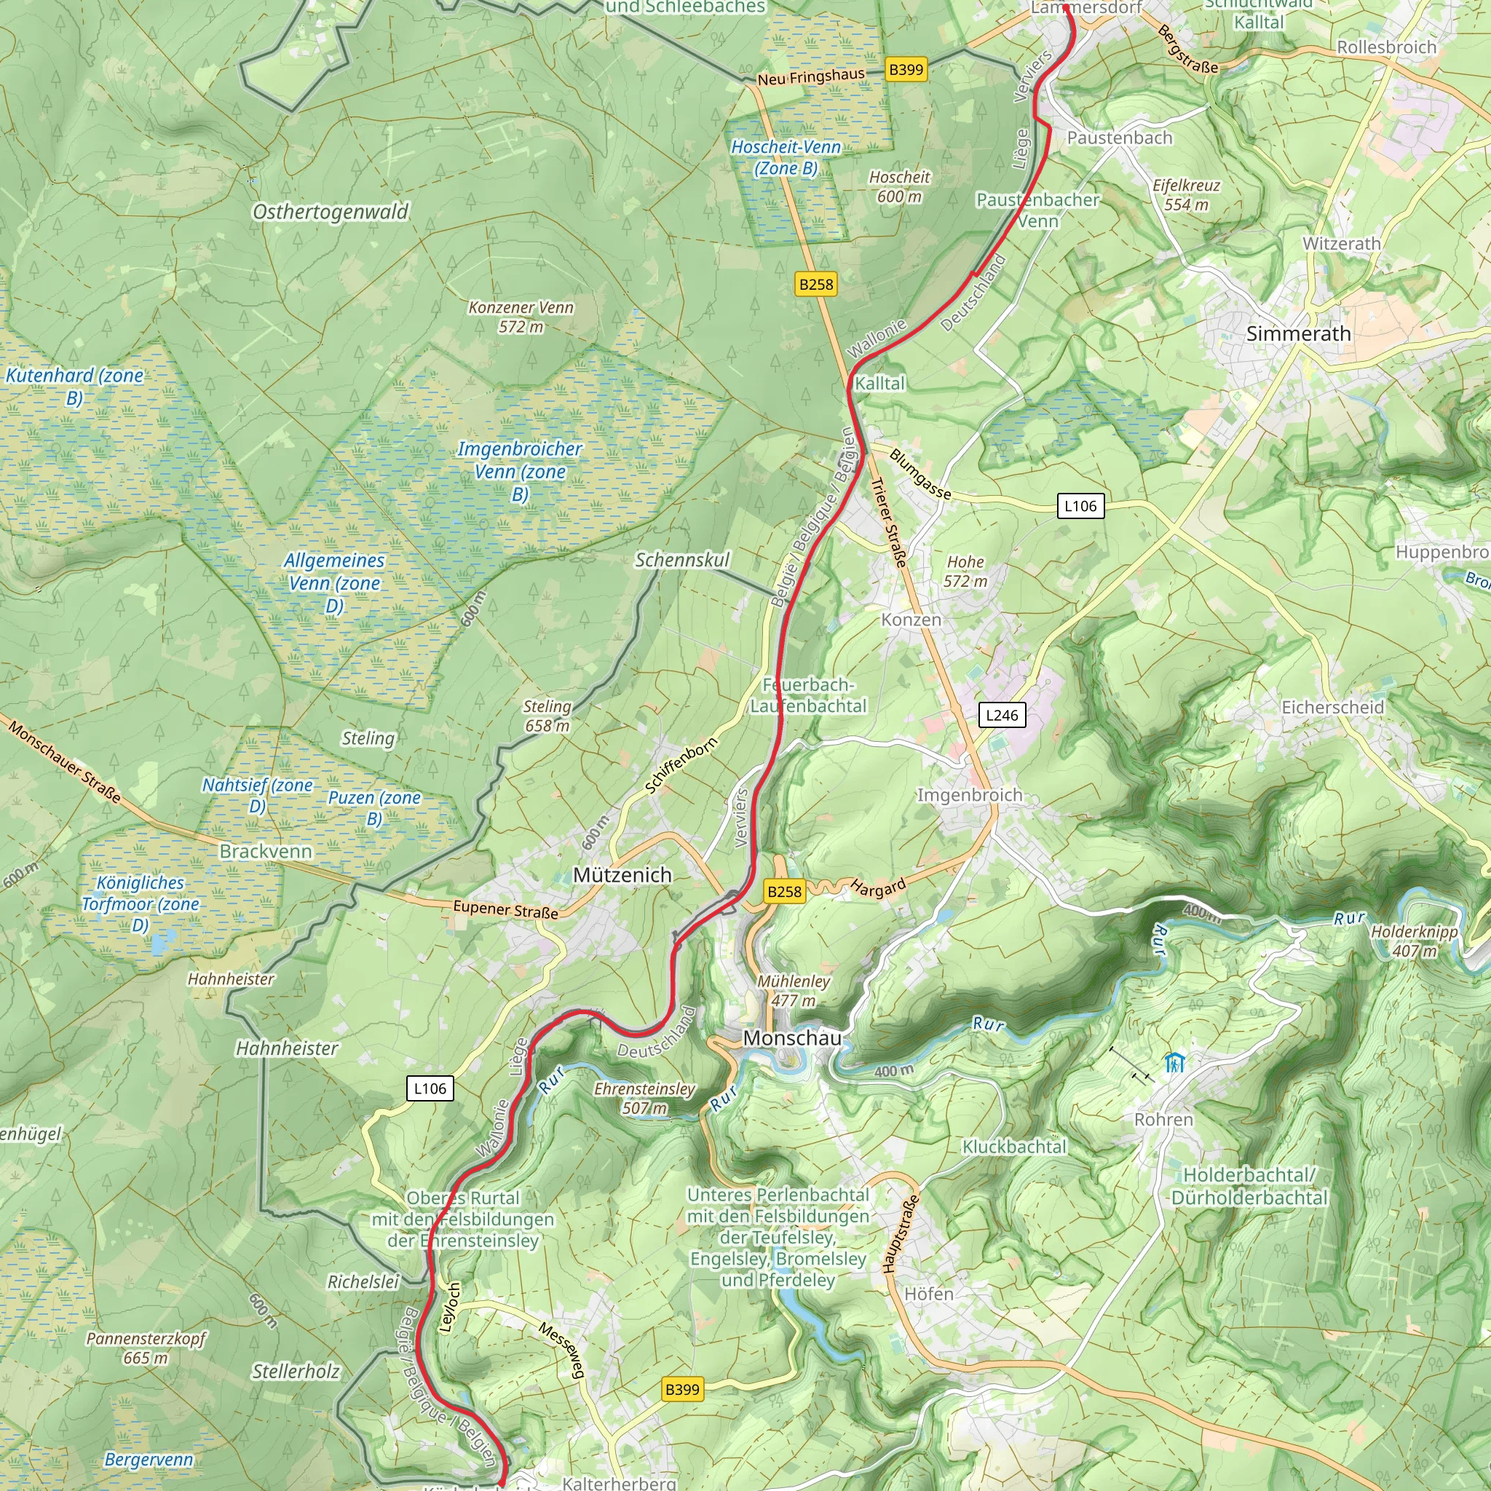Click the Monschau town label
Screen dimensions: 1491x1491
[x=792, y=1038]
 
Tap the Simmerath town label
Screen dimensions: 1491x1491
[x=1298, y=333]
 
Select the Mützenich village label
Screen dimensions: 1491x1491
[x=622, y=874]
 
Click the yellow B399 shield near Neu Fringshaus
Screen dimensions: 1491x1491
[x=905, y=69]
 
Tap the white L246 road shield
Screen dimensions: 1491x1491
[x=1002, y=715]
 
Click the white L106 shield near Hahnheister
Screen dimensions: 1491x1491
[x=430, y=1088]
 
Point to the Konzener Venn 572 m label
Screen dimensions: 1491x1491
[x=521, y=317]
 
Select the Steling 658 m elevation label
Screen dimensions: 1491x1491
[x=547, y=716]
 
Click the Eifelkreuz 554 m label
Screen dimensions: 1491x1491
[x=1186, y=194]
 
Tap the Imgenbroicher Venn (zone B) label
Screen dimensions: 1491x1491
[x=519, y=471]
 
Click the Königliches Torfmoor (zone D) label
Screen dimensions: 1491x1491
[x=141, y=903]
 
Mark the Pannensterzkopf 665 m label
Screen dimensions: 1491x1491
[x=145, y=1348]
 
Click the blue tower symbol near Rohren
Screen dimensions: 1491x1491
[x=1174, y=1064]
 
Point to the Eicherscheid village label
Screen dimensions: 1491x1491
[x=1333, y=707]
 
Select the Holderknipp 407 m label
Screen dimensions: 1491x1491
[x=1414, y=941]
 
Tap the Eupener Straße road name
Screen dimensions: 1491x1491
[x=505, y=909]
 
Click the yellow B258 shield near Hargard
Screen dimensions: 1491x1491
[x=784, y=891]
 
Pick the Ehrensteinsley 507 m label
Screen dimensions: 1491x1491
[x=644, y=1098]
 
